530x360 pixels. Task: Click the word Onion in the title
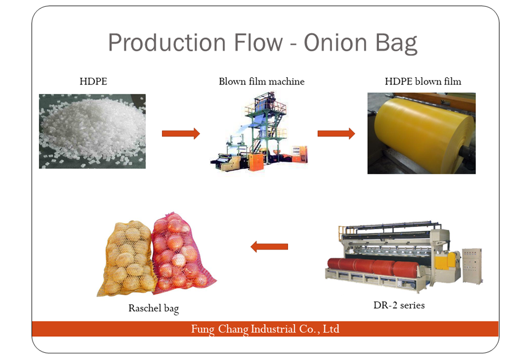[x=335, y=42]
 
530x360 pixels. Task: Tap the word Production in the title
[x=167, y=42]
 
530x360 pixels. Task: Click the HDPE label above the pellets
[x=93, y=82]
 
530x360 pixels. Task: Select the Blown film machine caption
[x=261, y=82]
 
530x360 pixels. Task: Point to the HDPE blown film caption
[x=423, y=82]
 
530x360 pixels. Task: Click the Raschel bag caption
[x=153, y=308]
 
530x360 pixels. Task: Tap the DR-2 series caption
[x=399, y=305]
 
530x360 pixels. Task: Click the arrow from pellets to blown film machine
[x=181, y=133]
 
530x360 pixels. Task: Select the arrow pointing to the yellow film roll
[x=336, y=133]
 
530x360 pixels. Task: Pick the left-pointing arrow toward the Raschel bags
[x=269, y=247]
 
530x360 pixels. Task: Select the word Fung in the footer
[x=202, y=329]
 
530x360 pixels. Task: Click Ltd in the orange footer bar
[x=331, y=329]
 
